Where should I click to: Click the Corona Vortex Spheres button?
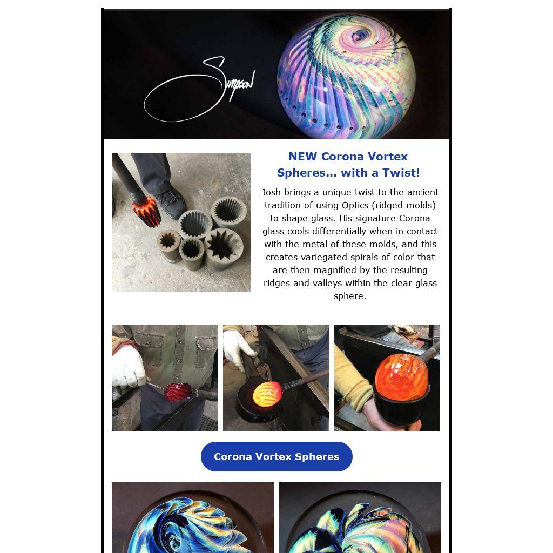(276, 456)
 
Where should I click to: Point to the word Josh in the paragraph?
(271, 192)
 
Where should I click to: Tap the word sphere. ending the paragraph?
(350, 296)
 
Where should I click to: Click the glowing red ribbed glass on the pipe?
(146, 211)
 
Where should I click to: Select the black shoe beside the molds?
(171, 203)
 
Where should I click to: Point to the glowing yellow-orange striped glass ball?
(268, 394)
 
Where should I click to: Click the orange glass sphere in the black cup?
(401, 376)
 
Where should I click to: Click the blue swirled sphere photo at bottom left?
(193, 517)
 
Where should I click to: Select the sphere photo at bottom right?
(360, 517)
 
